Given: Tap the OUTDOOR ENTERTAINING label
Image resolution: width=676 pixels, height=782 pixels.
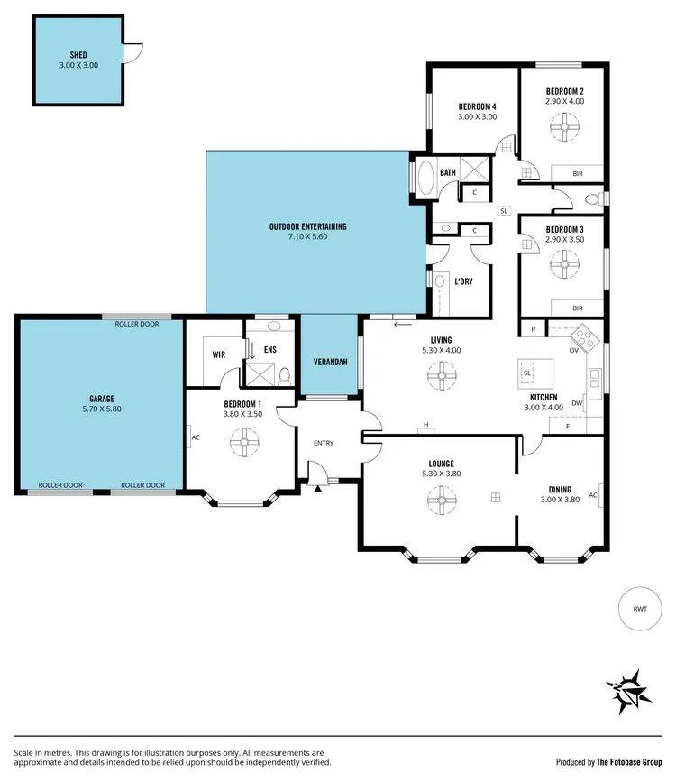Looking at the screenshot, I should click(307, 226).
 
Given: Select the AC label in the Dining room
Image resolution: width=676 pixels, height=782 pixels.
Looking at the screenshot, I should click(593, 495).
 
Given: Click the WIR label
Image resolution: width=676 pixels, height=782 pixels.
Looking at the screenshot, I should click(218, 355).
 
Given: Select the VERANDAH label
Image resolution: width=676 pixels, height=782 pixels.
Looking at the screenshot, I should click(330, 362).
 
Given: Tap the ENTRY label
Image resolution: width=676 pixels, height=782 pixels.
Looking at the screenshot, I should click(324, 443).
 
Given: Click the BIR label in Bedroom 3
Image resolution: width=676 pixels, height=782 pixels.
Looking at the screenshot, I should click(577, 308).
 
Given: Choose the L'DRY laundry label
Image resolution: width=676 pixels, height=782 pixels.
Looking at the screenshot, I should click(463, 281).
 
